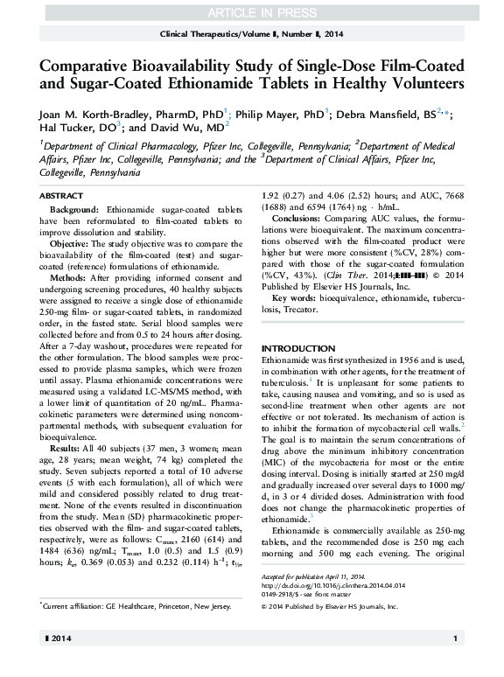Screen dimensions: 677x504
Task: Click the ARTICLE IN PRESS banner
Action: pyautogui.click(x=251, y=10)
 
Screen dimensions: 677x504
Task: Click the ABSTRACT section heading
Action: pyautogui.click(x=63, y=196)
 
